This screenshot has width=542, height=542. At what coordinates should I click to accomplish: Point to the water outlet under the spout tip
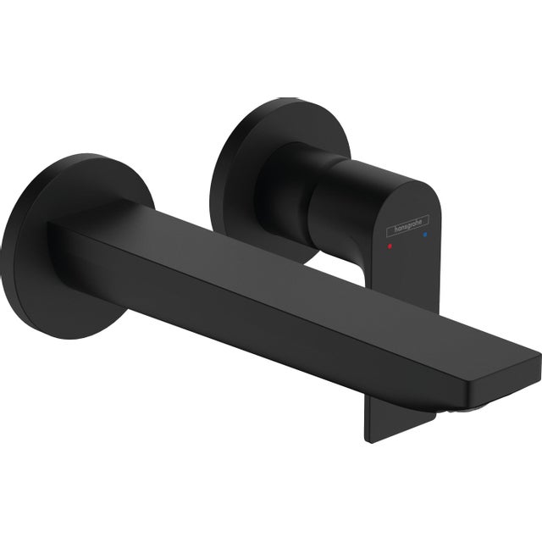[x=457, y=408]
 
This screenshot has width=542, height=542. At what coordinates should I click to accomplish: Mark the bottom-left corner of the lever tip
[x=368, y=438]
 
